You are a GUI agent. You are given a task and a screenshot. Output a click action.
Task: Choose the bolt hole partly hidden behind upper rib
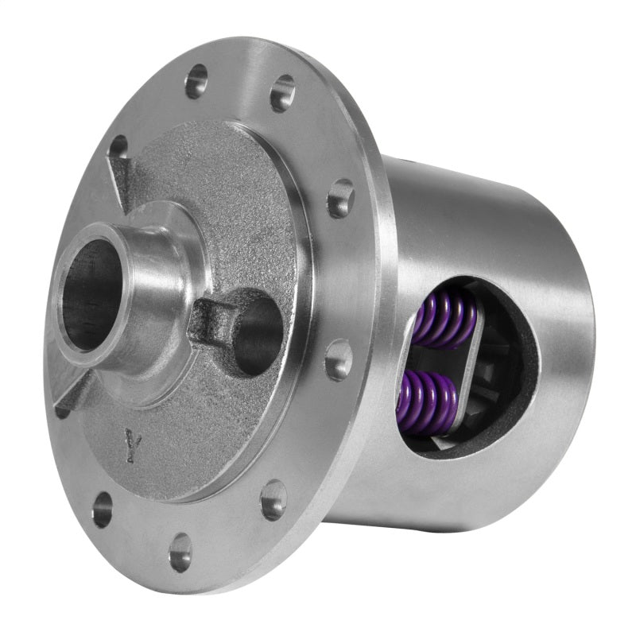click(x=118, y=147)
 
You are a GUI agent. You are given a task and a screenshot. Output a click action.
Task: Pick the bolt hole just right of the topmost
click(x=282, y=94)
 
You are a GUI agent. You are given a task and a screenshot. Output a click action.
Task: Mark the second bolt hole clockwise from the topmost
click(x=340, y=197)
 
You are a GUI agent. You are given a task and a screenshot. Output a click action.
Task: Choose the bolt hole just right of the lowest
click(x=273, y=499)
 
